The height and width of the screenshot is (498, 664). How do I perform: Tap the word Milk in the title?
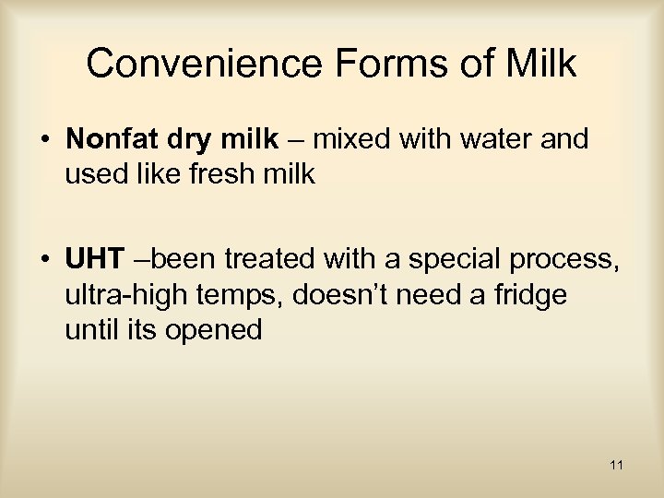point(541,65)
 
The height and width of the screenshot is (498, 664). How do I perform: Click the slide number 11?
point(616,466)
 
